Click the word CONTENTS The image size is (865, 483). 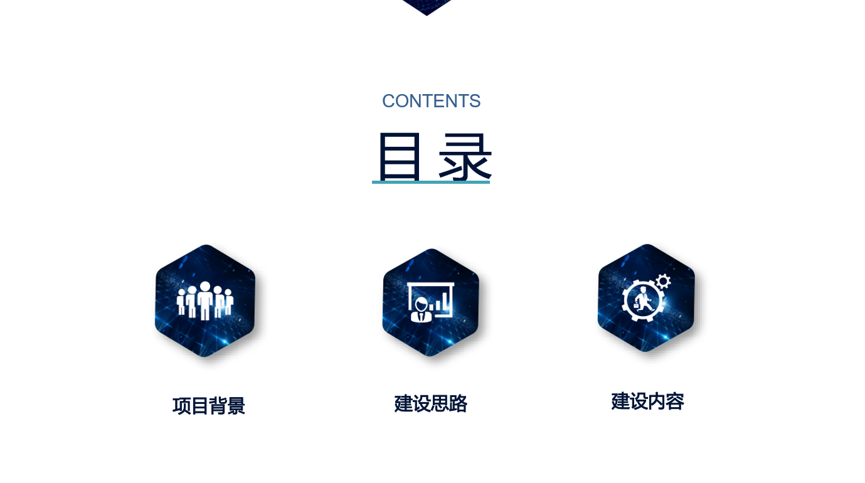[x=432, y=101]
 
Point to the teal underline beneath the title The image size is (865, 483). [x=431, y=183]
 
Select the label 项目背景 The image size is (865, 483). [x=208, y=406]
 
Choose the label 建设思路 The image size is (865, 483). [x=430, y=404]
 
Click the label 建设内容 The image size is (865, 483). [x=647, y=401]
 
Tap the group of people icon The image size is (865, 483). [x=205, y=300]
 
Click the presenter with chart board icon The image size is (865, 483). [x=430, y=302]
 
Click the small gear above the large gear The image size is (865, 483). [x=664, y=282]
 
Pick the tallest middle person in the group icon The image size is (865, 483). [x=205, y=300]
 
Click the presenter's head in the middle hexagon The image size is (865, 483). [x=421, y=304]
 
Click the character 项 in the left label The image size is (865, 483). [x=181, y=406]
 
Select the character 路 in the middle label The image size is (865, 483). [x=459, y=404]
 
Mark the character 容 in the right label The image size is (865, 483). [x=676, y=401]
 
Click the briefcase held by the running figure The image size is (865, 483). [x=636, y=305]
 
